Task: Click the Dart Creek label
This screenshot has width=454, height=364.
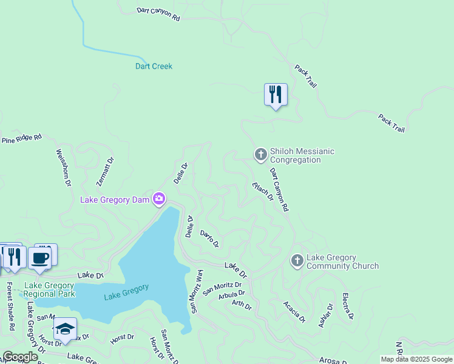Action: (x=154, y=66)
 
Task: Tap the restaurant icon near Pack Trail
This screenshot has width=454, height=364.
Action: (x=276, y=95)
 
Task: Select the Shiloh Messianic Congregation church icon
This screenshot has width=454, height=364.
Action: (x=260, y=155)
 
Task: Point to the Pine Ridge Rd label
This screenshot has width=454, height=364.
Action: (x=22, y=139)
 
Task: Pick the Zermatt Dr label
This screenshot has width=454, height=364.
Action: (x=105, y=172)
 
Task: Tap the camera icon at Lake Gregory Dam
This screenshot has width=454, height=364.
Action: (x=159, y=198)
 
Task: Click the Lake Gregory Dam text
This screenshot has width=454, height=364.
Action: (x=115, y=200)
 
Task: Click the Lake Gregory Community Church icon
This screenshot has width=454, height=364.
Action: (x=297, y=261)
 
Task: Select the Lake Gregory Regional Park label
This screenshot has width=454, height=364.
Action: (x=49, y=289)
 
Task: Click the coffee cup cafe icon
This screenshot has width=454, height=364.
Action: (x=40, y=258)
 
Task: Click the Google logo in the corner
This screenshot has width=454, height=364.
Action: (x=19, y=357)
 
